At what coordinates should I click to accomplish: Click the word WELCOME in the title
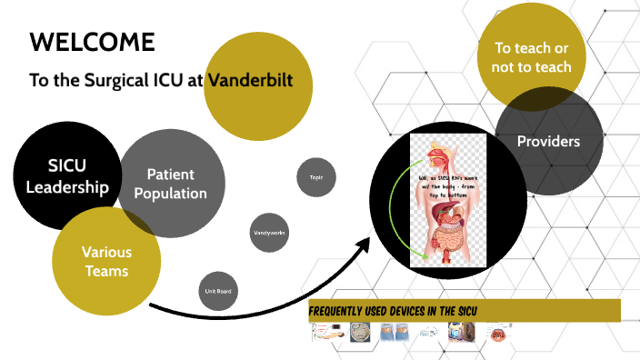[92, 42]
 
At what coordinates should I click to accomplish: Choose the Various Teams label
[106, 261]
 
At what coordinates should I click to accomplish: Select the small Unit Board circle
[217, 292]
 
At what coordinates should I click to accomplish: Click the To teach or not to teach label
[533, 57]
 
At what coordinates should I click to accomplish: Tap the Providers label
[548, 141]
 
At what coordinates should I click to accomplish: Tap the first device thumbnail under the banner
[327, 335]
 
